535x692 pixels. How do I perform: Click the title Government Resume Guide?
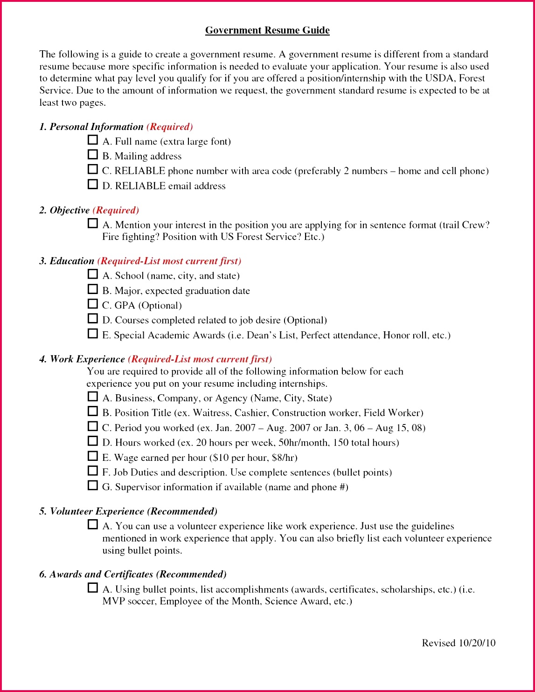pyautogui.click(x=267, y=30)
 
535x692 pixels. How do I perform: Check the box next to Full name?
pyautogui.click(x=93, y=140)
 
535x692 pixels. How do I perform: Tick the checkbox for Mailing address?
pyautogui.click(x=93, y=154)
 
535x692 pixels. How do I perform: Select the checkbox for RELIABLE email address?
pyautogui.click(x=93, y=184)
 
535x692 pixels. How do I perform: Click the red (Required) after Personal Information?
pyautogui.click(x=169, y=127)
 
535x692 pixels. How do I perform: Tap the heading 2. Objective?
pyautogui.click(x=64, y=210)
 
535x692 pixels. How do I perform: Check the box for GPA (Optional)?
pyautogui.click(x=93, y=304)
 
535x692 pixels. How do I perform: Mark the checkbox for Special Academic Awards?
pyautogui.click(x=93, y=334)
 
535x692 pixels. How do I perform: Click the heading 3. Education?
pyautogui.click(x=67, y=261)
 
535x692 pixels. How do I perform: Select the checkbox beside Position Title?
pyautogui.click(x=93, y=411)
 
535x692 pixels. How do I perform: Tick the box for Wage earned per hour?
pyautogui.click(x=93, y=456)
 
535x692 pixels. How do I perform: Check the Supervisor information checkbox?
pyautogui.click(x=93, y=486)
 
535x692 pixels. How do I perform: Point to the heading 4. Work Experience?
pyautogui.click(x=82, y=359)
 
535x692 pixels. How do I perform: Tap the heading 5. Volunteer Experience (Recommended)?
pyautogui.click(x=128, y=511)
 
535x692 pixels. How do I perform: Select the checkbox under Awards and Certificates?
pyautogui.click(x=93, y=588)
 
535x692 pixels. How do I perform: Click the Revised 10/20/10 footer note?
pyautogui.click(x=459, y=643)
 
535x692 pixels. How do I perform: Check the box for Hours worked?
pyautogui.click(x=93, y=441)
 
